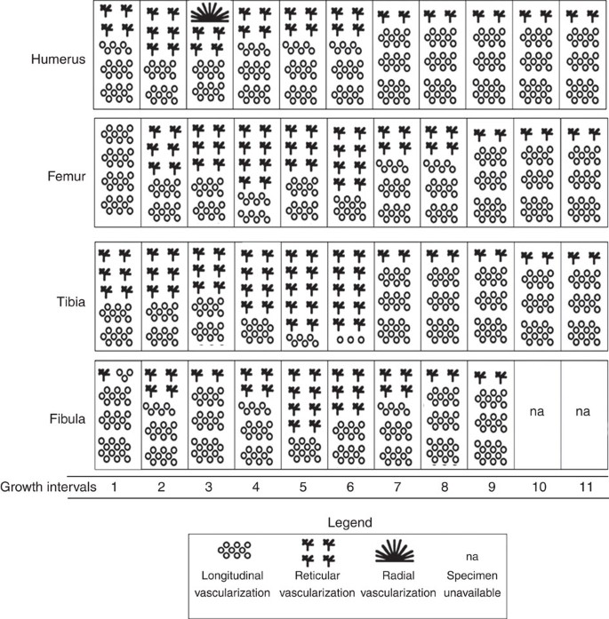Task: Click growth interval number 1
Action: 116,488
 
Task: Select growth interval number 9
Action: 492,488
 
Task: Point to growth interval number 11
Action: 583,488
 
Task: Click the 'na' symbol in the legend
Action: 471,556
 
